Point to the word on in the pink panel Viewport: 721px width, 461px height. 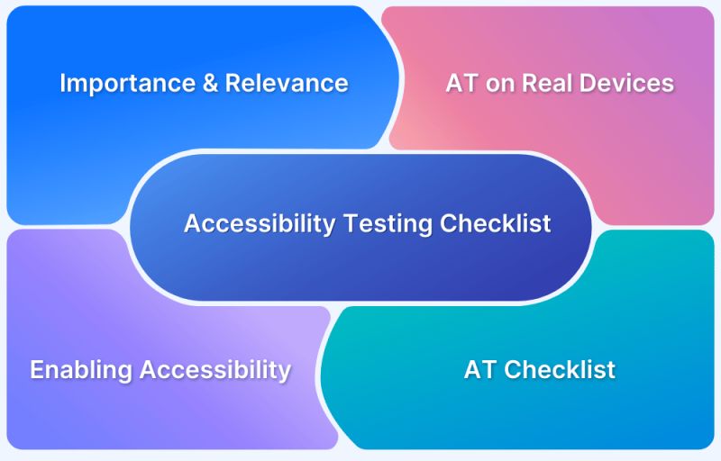(x=496, y=84)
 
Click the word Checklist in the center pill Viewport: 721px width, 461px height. (x=495, y=224)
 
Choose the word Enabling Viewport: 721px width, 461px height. (x=79, y=370)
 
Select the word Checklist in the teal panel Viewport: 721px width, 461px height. (x=560, y=370)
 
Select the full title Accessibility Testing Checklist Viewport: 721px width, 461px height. (x=368, y=224)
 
